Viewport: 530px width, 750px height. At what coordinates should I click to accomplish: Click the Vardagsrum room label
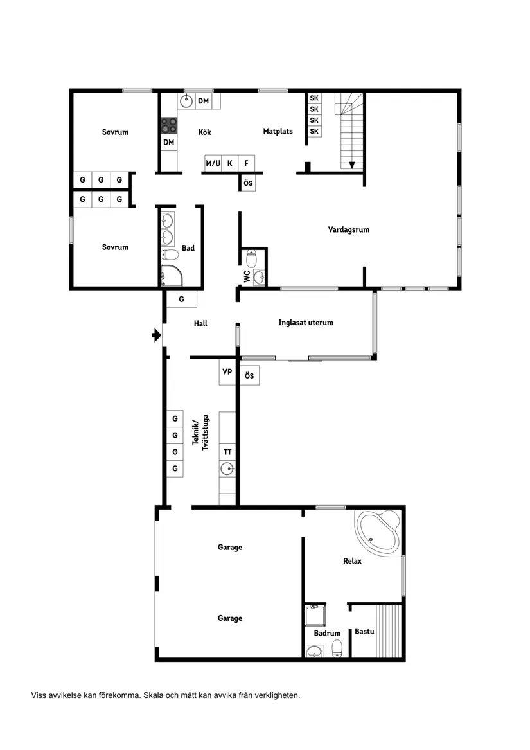[x=348, y=229]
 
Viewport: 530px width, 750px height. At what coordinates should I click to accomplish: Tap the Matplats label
[x=278, y=131]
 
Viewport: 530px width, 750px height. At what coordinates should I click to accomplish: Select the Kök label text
[x=204, y=132]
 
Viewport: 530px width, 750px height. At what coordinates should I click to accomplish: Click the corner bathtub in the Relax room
[x=378, y=531]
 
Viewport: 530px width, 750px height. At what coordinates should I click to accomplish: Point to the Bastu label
[x=364, y=632]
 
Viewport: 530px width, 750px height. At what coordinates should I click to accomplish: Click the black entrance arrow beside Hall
[x=155, y=335]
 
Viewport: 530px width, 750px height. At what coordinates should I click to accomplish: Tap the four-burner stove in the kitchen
[x=168, y=125]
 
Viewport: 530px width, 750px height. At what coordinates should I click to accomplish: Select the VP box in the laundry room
[x=227, y=371]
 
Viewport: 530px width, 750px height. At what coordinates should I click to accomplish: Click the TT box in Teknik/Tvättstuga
[x=227, y=452]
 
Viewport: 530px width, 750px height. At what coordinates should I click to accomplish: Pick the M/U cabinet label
[x=213, y=163]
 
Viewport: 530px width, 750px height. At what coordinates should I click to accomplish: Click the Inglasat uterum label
[x=306, y=323]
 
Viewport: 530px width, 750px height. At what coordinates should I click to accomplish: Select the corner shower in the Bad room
[x=170, y=275]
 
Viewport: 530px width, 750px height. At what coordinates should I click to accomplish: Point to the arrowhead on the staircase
[x=352, y=165]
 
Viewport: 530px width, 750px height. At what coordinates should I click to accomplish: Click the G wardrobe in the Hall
[x=181, y=299]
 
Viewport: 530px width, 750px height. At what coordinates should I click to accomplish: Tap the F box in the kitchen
[x=246, y=163]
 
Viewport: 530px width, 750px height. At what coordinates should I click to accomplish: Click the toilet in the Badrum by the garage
[x=337, y=650]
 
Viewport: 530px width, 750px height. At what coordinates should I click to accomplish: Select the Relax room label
[x=352, y=561]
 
